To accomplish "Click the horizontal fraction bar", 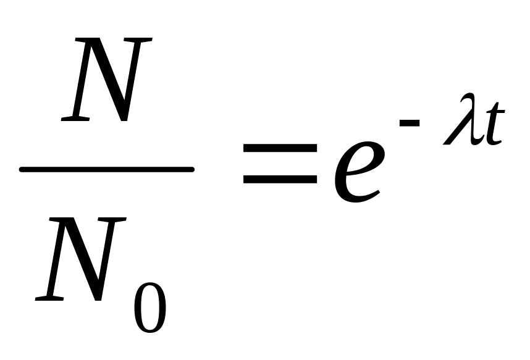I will click(x=107, y=169).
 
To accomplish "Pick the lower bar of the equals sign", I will click(x=280, y=180).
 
